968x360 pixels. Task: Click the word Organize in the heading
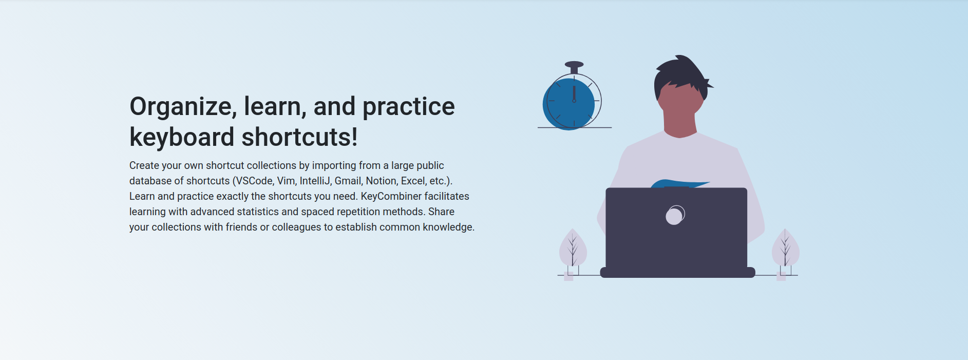[182, 107]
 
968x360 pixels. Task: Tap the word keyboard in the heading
[182, 137]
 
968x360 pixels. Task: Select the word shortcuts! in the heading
[299, 137]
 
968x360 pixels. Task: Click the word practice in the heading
[408, 107]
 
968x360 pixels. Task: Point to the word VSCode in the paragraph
[255, 181]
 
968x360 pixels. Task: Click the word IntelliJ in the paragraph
[315, 181]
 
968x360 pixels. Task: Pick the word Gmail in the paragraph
[348, 181]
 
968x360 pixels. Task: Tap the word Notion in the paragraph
[382, 181]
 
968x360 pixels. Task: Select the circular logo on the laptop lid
[675, 215]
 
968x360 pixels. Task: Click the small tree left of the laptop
[573, 249]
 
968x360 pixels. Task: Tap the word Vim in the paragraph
[286, 181]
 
